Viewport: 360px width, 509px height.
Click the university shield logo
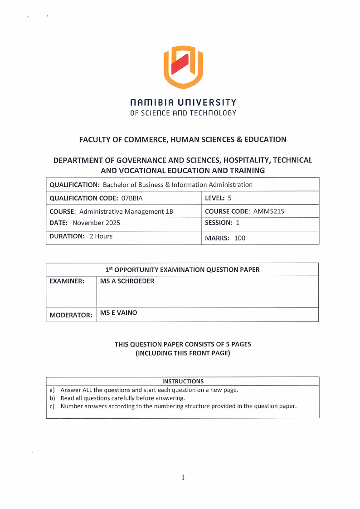(183, 67)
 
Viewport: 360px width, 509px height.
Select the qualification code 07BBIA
(135, 198)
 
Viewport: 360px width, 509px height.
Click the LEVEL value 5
(230, 198)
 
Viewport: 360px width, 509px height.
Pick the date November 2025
(96, 223)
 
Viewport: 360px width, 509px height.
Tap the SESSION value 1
(238, 223)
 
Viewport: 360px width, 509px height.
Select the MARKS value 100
(239, 238)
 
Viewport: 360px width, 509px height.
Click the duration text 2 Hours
(101, 236)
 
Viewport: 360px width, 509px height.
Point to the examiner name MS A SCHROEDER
(127, 281)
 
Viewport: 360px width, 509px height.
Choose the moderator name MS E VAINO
(118, 313)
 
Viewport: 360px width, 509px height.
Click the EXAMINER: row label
(67, 281)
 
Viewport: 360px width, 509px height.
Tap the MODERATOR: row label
(70, 315)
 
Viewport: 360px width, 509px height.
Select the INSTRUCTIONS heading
(183, 382)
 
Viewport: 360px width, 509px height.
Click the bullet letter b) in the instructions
(52, 398)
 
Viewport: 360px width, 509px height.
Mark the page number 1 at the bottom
(183, 477)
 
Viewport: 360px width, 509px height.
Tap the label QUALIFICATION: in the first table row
(74, 185)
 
